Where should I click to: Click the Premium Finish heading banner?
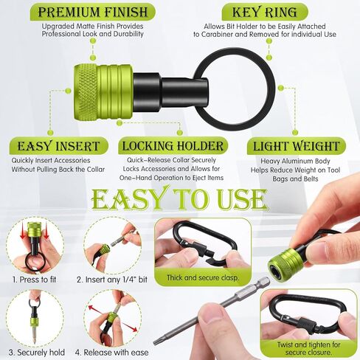pos(93,12)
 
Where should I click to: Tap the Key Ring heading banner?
pos(265,12)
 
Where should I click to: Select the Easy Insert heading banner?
pos(58,146)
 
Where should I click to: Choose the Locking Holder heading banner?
pos(173,146)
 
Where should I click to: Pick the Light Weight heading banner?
pos(297,146)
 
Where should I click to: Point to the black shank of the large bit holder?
pos(170,93)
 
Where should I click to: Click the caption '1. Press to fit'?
pos(34,280)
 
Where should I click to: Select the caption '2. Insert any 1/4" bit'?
pos(112,280)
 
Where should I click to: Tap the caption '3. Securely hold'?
pos(37,353)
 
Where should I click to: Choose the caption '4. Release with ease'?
pos(112,353)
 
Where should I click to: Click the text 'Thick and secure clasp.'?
pos(203,278)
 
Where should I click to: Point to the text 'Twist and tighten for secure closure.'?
pos(308,348)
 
